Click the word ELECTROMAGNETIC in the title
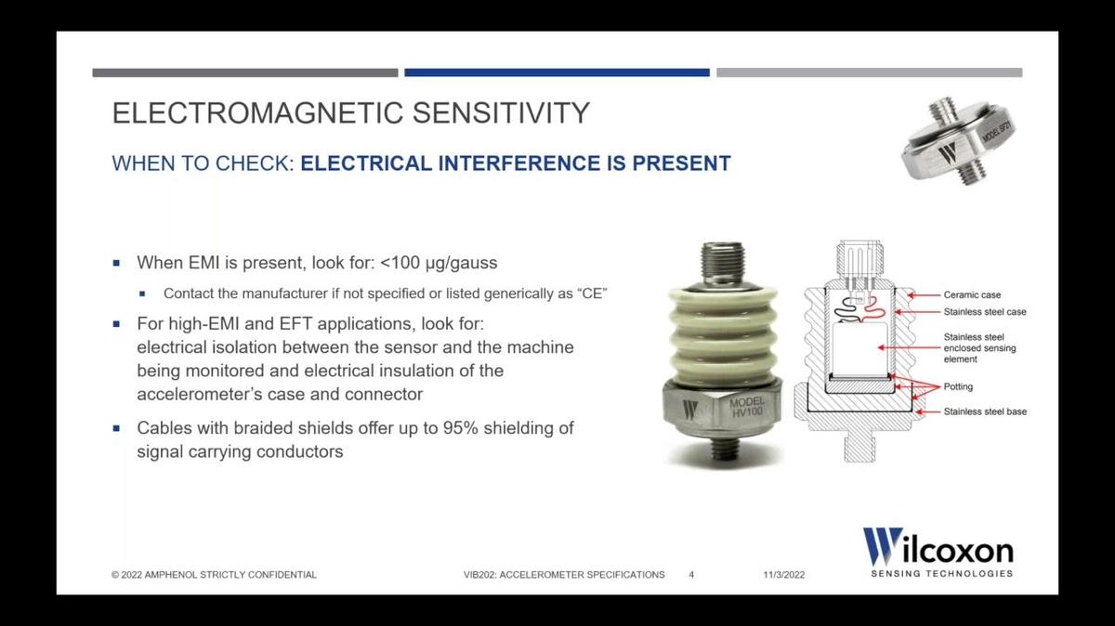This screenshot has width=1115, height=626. [x=257, y=112]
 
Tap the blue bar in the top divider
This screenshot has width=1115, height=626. [x=557, y=72]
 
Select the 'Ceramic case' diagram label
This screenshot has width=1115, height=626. [x=972, y=294]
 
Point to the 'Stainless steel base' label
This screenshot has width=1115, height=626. [x=985, y=411]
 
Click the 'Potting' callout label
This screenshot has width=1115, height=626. [x=958, y=386]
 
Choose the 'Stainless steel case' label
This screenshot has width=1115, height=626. [x=985, y=312]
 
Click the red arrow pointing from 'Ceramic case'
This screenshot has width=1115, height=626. [x=924, y=295]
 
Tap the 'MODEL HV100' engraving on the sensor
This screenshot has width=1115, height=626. [x=747, y=407]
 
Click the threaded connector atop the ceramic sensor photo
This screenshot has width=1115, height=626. [x=722, y=265]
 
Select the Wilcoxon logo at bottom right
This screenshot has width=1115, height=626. [x=938, y=553]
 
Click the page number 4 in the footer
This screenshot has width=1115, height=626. [x=691, y=575]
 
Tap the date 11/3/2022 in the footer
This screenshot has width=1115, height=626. [x=784, y=575]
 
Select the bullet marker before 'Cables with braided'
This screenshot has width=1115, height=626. [x=116, y=428]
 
